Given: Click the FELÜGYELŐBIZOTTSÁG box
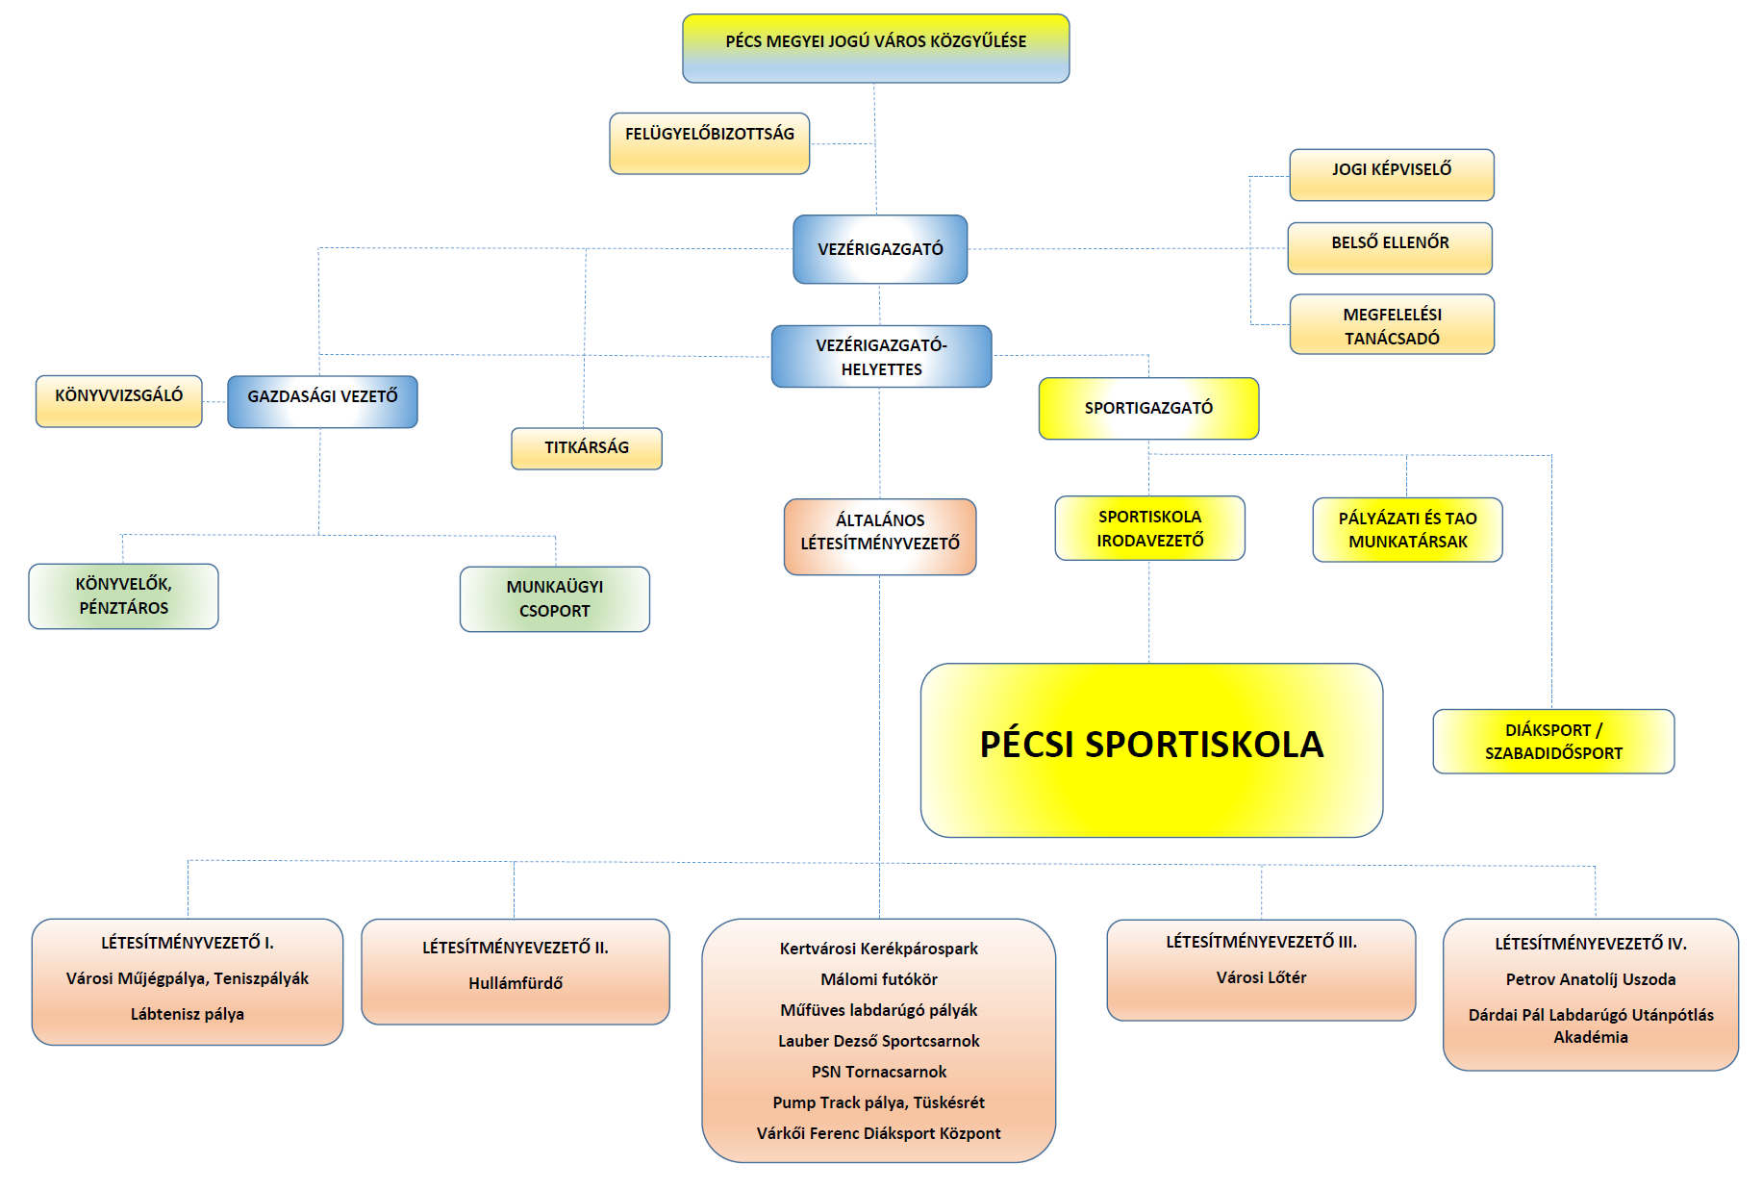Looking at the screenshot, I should point(709,143).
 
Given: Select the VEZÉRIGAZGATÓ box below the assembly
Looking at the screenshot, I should point(880,249).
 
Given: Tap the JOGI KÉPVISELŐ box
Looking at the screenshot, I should point(1391,174).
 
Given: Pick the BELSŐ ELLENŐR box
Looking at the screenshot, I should point(1390,248).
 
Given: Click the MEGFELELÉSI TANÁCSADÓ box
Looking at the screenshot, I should point(1392,325).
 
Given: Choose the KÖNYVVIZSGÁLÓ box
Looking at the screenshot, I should point(118,400).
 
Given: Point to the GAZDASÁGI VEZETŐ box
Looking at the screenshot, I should point(322,401).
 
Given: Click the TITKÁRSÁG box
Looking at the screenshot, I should point(587,448).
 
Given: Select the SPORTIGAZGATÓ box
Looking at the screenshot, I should point(1148,408).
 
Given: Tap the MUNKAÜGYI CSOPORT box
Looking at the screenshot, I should point(555,598).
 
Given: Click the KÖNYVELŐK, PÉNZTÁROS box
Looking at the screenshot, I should point(123,596).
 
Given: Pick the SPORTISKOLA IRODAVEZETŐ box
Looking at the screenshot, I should point(1149,528).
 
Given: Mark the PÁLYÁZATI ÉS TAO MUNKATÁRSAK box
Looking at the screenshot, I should point(1407,529).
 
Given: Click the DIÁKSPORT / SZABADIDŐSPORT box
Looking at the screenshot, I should point(1553,741).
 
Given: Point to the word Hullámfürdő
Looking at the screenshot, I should point(516,983).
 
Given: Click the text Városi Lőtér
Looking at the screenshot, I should point(1261,977).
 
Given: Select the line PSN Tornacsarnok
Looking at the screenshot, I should point(878,1072).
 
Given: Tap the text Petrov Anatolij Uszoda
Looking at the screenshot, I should point(1590,979).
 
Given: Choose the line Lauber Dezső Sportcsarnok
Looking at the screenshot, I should point(878,1041).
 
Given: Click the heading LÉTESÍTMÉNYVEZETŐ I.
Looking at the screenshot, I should point(188,943).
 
